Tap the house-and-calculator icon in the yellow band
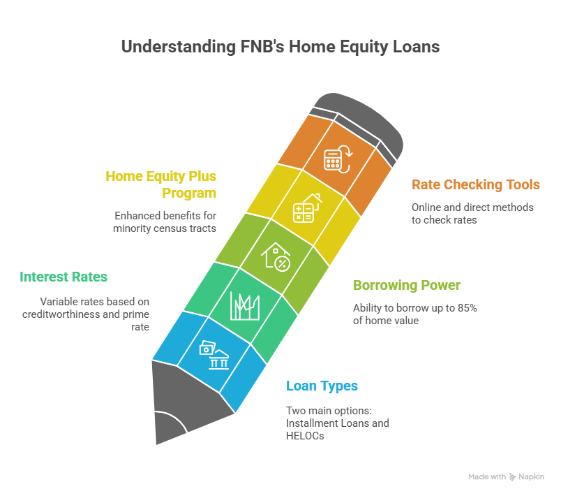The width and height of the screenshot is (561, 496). (306, 207)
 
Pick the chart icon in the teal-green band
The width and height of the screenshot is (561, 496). (244, 305)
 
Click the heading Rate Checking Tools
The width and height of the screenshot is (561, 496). (475, 185)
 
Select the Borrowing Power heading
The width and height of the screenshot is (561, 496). (407, 286)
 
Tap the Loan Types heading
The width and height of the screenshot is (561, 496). (322, 386)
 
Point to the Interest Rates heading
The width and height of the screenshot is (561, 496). (63, 277)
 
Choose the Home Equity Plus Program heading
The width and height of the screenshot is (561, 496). (160, 184)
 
